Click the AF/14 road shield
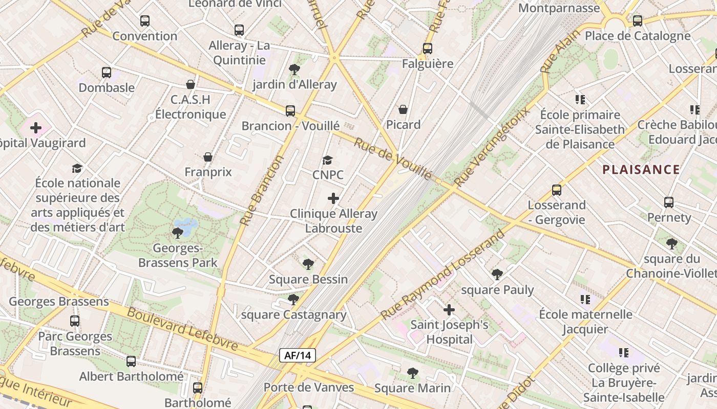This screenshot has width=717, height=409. (x=297, y=355)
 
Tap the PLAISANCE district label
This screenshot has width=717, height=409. (x=641, y=170)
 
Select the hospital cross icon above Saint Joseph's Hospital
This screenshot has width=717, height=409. (x=449, y=310)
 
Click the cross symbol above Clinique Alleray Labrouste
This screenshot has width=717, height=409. (x=333, y=198)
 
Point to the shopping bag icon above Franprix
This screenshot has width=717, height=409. (x=208, y=157)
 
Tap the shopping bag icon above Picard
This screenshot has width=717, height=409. (x=403, y=109)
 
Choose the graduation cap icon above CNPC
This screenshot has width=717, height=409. (x=328, y=161)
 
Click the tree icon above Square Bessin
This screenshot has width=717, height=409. (x=308, y=264)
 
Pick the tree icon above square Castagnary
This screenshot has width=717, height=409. (x=293, y=299)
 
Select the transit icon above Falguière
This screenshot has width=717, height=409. (x=428, y=49)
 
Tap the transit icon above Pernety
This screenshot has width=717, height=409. (x=669, y=202)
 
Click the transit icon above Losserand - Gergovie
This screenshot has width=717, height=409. (x=557, y=190)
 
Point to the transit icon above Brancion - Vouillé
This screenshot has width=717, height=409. (x=290, y=110)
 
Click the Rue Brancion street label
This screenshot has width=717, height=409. (x=262, y=191)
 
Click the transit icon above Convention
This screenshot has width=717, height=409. (x=145, y=21)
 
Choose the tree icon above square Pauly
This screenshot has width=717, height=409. (x=497, y=275)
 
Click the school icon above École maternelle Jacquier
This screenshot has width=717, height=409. (x=585, y=299)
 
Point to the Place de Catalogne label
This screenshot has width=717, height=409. (x=638, y=36)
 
